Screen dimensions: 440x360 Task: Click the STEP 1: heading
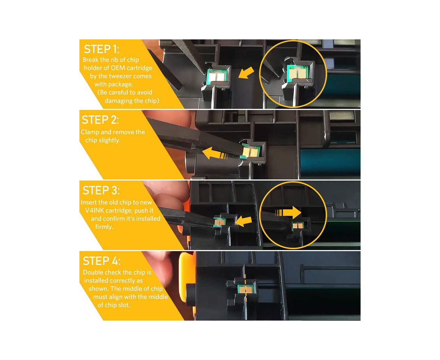point(102,49)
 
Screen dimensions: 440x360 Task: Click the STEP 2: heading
point(100,120)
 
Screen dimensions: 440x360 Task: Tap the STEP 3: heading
point(101,190)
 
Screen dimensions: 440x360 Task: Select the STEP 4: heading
point(102,261)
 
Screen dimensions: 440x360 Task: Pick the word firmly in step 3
point(104,227)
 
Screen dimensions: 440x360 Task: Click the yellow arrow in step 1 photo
point(246,73)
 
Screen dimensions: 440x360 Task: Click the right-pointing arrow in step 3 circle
point(288,213)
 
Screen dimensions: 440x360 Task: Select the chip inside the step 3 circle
point(298,226)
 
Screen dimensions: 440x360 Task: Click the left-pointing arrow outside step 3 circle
point(244,221)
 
